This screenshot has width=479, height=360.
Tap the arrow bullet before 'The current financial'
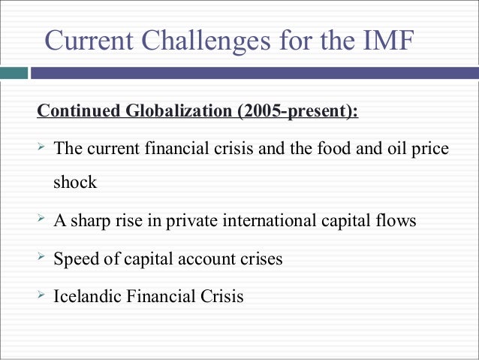click(42, 148)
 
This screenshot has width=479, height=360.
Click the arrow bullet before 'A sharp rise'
click(42, 220)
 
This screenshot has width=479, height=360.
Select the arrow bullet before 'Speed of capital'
click(42, 258)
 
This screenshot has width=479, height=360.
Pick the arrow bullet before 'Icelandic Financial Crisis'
click(42, 295)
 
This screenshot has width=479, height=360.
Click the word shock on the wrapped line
click(74, 183)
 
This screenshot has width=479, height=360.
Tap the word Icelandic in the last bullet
click(86, 296)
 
